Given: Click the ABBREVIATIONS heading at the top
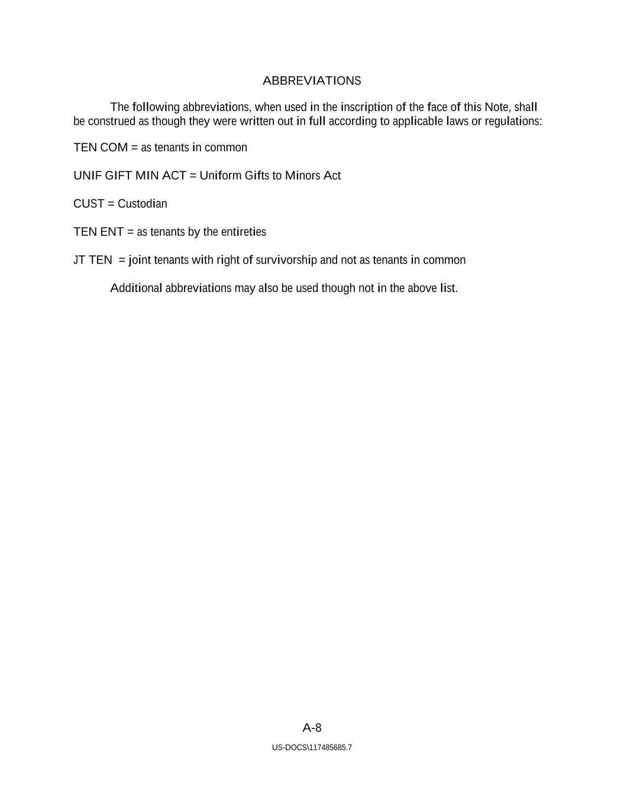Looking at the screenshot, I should coord(312,81).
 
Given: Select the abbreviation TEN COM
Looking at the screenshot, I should coord(101,148).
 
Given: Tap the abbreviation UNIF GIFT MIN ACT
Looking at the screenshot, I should coord(130,176).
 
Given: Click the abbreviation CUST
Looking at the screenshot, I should coord(89,204).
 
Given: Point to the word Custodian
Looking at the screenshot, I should coord(143,204).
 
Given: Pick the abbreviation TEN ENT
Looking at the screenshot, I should coord(98,232).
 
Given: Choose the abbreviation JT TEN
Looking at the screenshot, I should coord(92,260).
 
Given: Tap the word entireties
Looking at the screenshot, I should coord(243,232).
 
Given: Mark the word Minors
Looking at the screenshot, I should coord(302,176).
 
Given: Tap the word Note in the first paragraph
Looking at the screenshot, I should coord(496,108).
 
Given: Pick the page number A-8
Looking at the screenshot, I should coord(312,728).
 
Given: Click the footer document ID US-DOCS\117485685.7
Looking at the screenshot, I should coord(312,748).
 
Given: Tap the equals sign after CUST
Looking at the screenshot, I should coord(111,204).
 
